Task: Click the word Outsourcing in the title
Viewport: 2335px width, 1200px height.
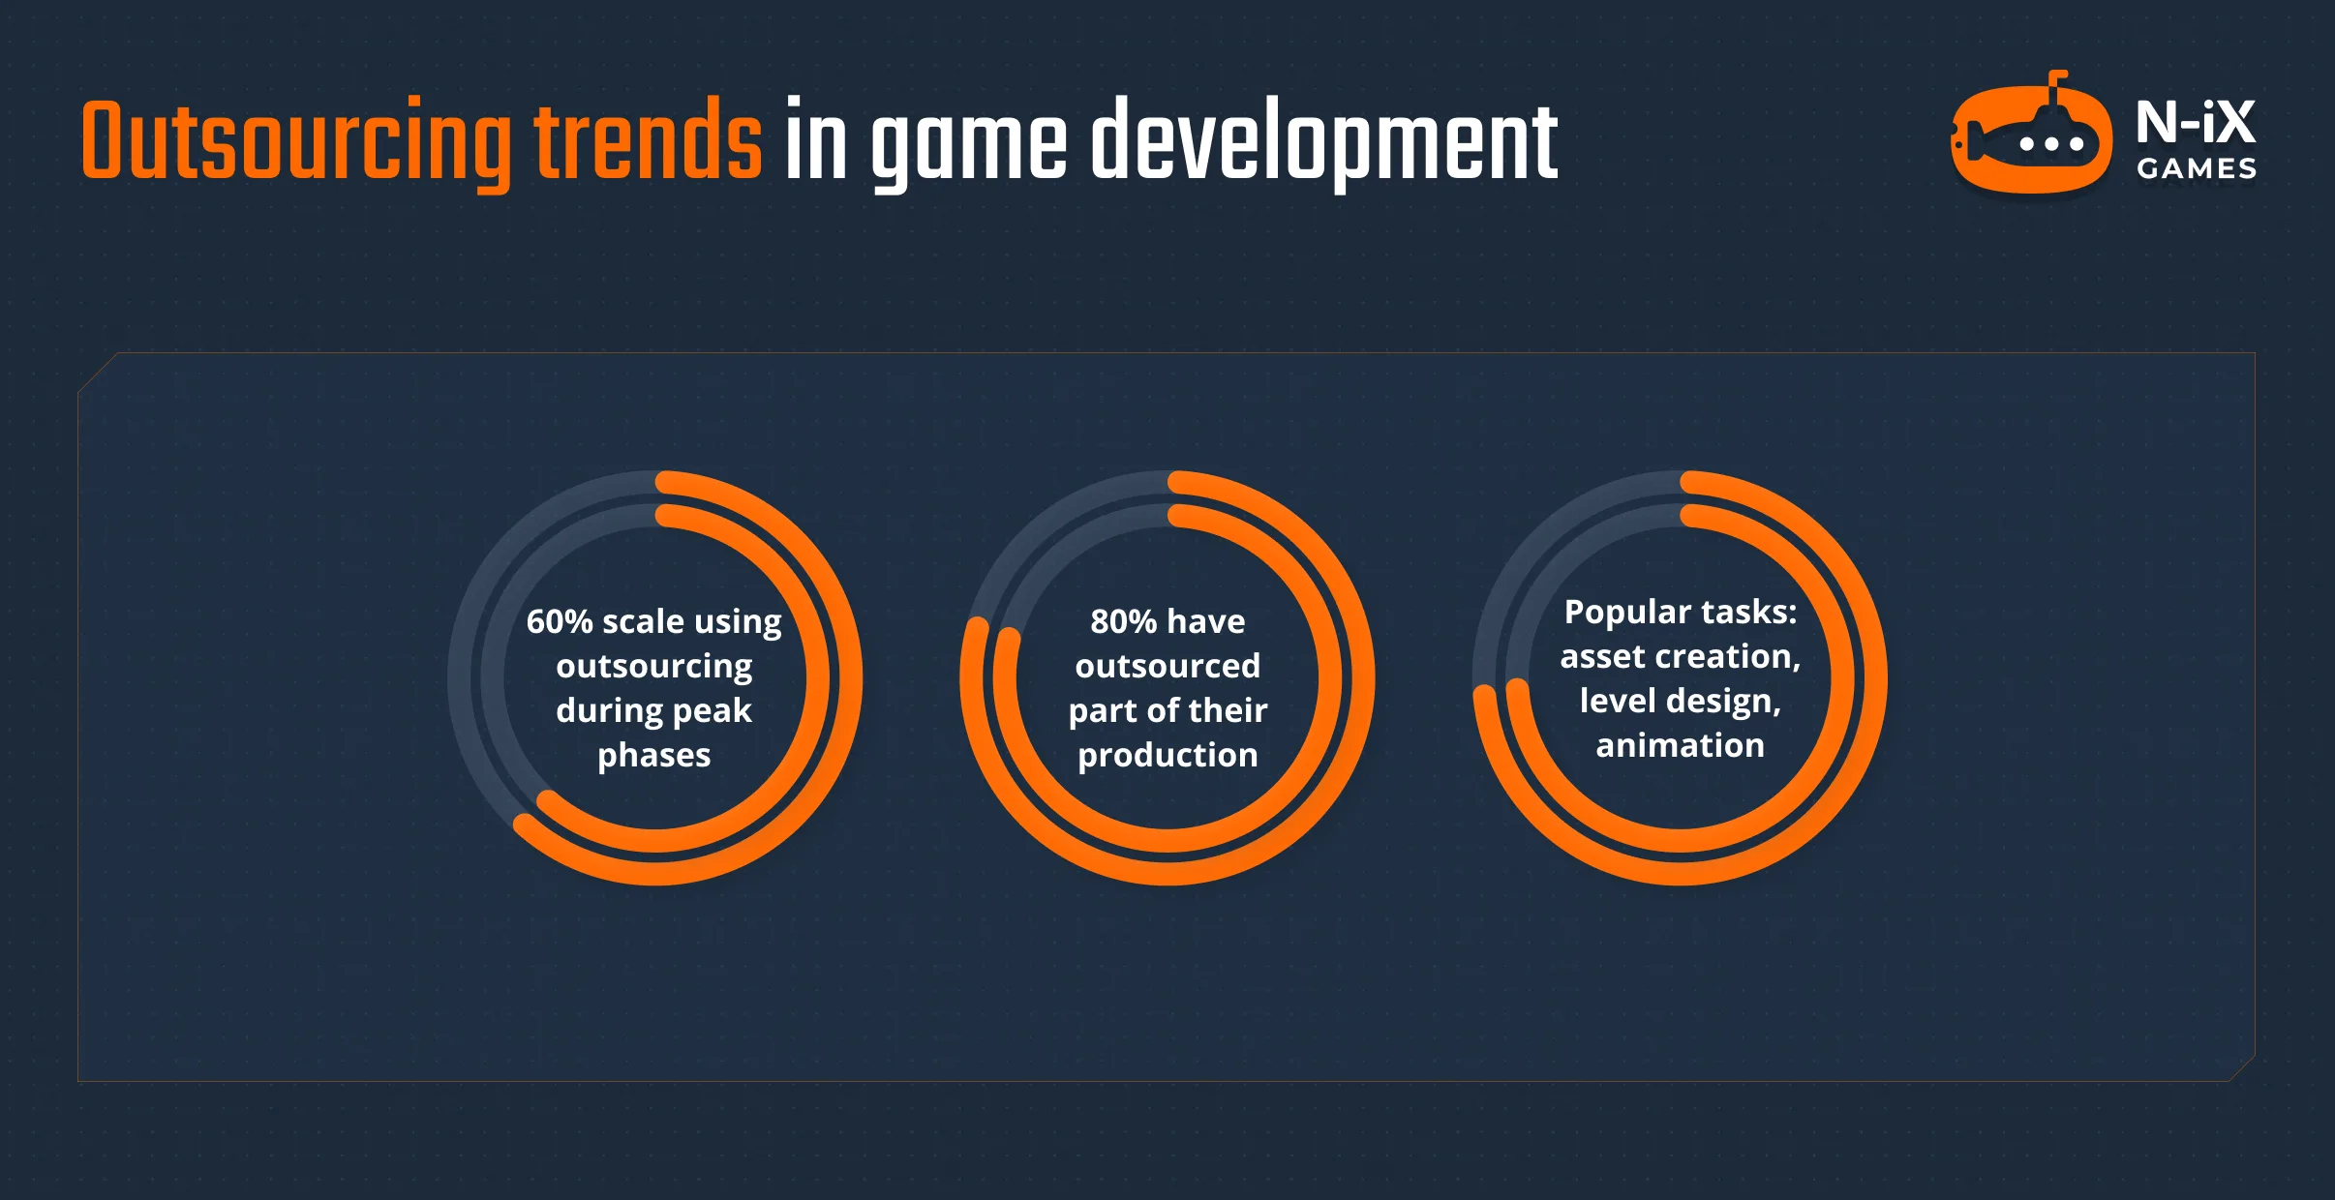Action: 295,143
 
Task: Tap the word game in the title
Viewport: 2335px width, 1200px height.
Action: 968,143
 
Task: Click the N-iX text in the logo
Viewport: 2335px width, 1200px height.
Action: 2196,122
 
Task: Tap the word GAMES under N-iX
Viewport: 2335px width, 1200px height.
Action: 2197,169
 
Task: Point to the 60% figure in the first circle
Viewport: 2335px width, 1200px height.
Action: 559,621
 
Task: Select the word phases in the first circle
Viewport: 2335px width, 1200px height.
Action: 654,755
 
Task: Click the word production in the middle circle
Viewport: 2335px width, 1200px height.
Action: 1167,755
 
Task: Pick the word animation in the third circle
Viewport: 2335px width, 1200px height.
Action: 1681,745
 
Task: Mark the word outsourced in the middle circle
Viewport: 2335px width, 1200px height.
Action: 1167,666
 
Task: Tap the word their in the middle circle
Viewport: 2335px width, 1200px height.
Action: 1228,710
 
